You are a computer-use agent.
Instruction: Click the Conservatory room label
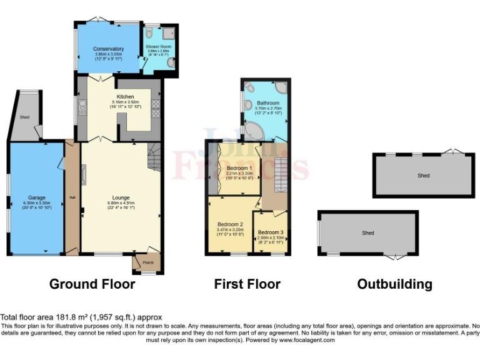[x=109, y=49]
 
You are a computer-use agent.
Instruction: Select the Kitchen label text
[x=126, y=97]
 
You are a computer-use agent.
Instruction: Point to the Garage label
[x=36, y=197]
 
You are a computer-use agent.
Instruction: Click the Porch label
[x=149, y=262]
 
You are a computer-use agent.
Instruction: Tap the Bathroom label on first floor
[x=268, y=102]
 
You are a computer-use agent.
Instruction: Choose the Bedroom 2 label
[x=230, y=224]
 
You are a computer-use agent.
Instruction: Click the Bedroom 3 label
[x=271, y=232]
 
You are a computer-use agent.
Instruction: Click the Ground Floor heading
[x=92, y=284]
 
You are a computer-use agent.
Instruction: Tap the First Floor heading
[x=247, y=284]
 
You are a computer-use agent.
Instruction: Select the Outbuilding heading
[x=394, y=284]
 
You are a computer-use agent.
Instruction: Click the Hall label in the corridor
[x=72, y=197]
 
